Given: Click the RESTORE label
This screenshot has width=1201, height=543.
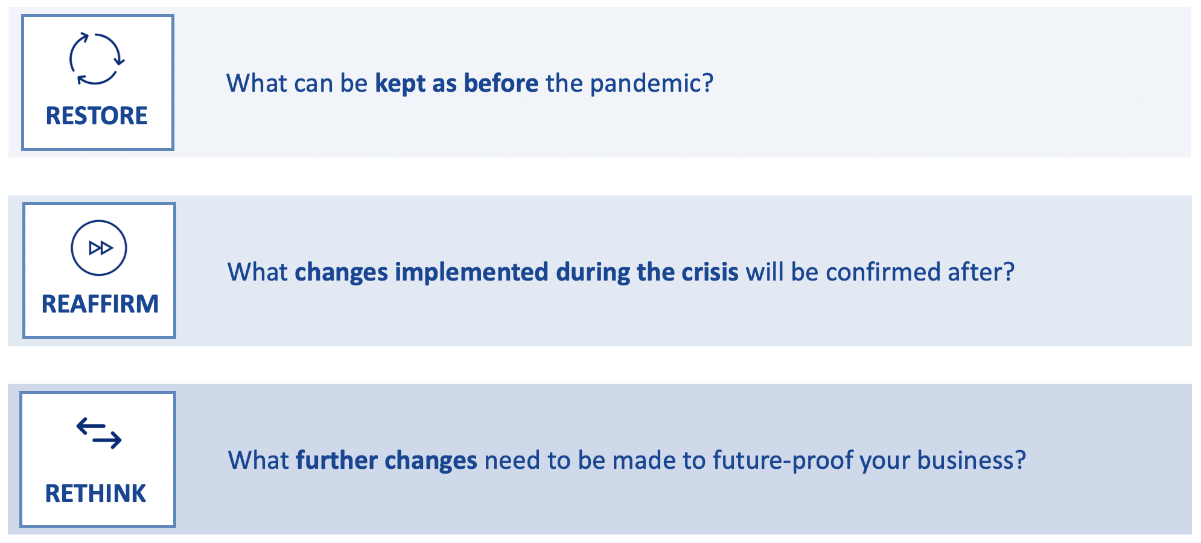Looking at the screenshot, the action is [x=97, y=116].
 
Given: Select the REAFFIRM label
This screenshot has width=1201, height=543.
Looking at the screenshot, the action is [x=100, y=304].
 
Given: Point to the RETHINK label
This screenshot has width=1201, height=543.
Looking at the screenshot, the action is [x=95, y=494].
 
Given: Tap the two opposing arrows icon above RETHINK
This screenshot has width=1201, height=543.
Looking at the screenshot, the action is [x=99, y=433].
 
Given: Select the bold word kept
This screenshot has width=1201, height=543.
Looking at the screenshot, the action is [x=400, y=84].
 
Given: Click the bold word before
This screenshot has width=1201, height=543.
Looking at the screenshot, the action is [x=501, y=83].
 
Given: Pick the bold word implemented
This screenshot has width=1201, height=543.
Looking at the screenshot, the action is [x=472, y=273].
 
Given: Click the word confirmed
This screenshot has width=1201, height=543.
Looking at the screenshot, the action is [x=883, y=272].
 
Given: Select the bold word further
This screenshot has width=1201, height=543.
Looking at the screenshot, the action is [x=337, y=460].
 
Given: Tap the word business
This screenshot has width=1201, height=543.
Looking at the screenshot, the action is [x=972, y=460].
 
